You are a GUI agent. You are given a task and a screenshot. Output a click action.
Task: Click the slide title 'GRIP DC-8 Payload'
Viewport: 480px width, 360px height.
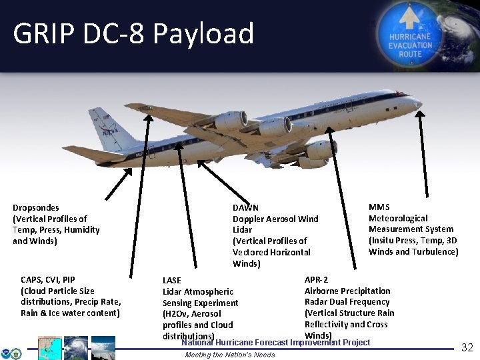133,33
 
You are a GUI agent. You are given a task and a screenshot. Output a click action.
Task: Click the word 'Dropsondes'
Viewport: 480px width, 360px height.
36,208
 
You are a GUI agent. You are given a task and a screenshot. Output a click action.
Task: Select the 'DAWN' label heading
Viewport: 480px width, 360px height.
245,208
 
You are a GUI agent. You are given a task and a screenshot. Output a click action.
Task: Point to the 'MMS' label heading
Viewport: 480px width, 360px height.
379,207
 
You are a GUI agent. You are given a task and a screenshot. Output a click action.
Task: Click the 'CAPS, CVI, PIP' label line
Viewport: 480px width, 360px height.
48,280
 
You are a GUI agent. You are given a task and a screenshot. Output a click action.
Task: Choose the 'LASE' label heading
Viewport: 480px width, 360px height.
172,281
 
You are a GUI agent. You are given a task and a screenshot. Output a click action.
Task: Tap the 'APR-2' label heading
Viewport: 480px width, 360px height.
316,280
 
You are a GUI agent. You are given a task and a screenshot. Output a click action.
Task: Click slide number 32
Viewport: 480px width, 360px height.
467,347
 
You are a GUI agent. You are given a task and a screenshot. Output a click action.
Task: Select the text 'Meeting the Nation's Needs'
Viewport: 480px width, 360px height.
229,355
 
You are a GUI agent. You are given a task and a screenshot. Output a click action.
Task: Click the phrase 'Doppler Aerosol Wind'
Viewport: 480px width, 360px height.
275,219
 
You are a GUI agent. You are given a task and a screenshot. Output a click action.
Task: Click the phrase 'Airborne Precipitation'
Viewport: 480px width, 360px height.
347,291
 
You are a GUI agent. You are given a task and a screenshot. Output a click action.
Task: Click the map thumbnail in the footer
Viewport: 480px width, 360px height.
50,348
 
